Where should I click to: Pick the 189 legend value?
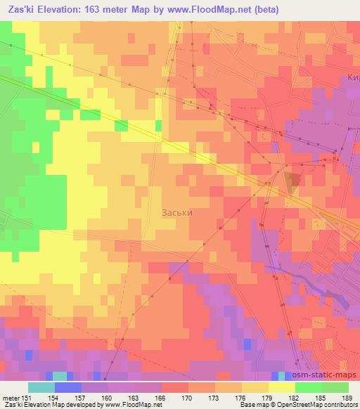[x=347, y=397]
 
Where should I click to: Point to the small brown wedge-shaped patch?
[x=293, y=180]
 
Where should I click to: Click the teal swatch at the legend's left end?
[x=41, y=387]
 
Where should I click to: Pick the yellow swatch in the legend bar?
[x=281, y=387]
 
